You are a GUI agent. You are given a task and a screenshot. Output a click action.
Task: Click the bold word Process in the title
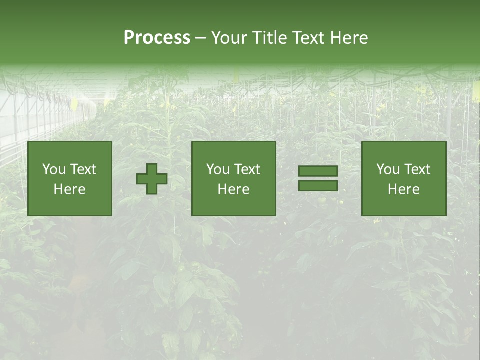[x=157, y=37]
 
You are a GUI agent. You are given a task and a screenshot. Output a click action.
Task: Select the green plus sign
[x=152, y=179]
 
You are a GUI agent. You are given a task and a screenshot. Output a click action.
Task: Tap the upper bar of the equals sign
[x=318, y=171]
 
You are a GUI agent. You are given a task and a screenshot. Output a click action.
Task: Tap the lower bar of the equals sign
[x=318, y=186]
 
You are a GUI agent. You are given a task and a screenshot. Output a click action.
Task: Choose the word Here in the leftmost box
[x=69, y=189]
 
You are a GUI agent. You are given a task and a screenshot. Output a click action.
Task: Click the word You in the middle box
[x=217, y=169]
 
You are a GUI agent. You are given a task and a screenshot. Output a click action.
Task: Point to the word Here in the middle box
[x=233, y=189]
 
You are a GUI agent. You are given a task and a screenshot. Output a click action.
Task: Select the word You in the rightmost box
[x=388, y=169]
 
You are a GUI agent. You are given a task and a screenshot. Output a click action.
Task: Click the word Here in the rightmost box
[x=403, y=189]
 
